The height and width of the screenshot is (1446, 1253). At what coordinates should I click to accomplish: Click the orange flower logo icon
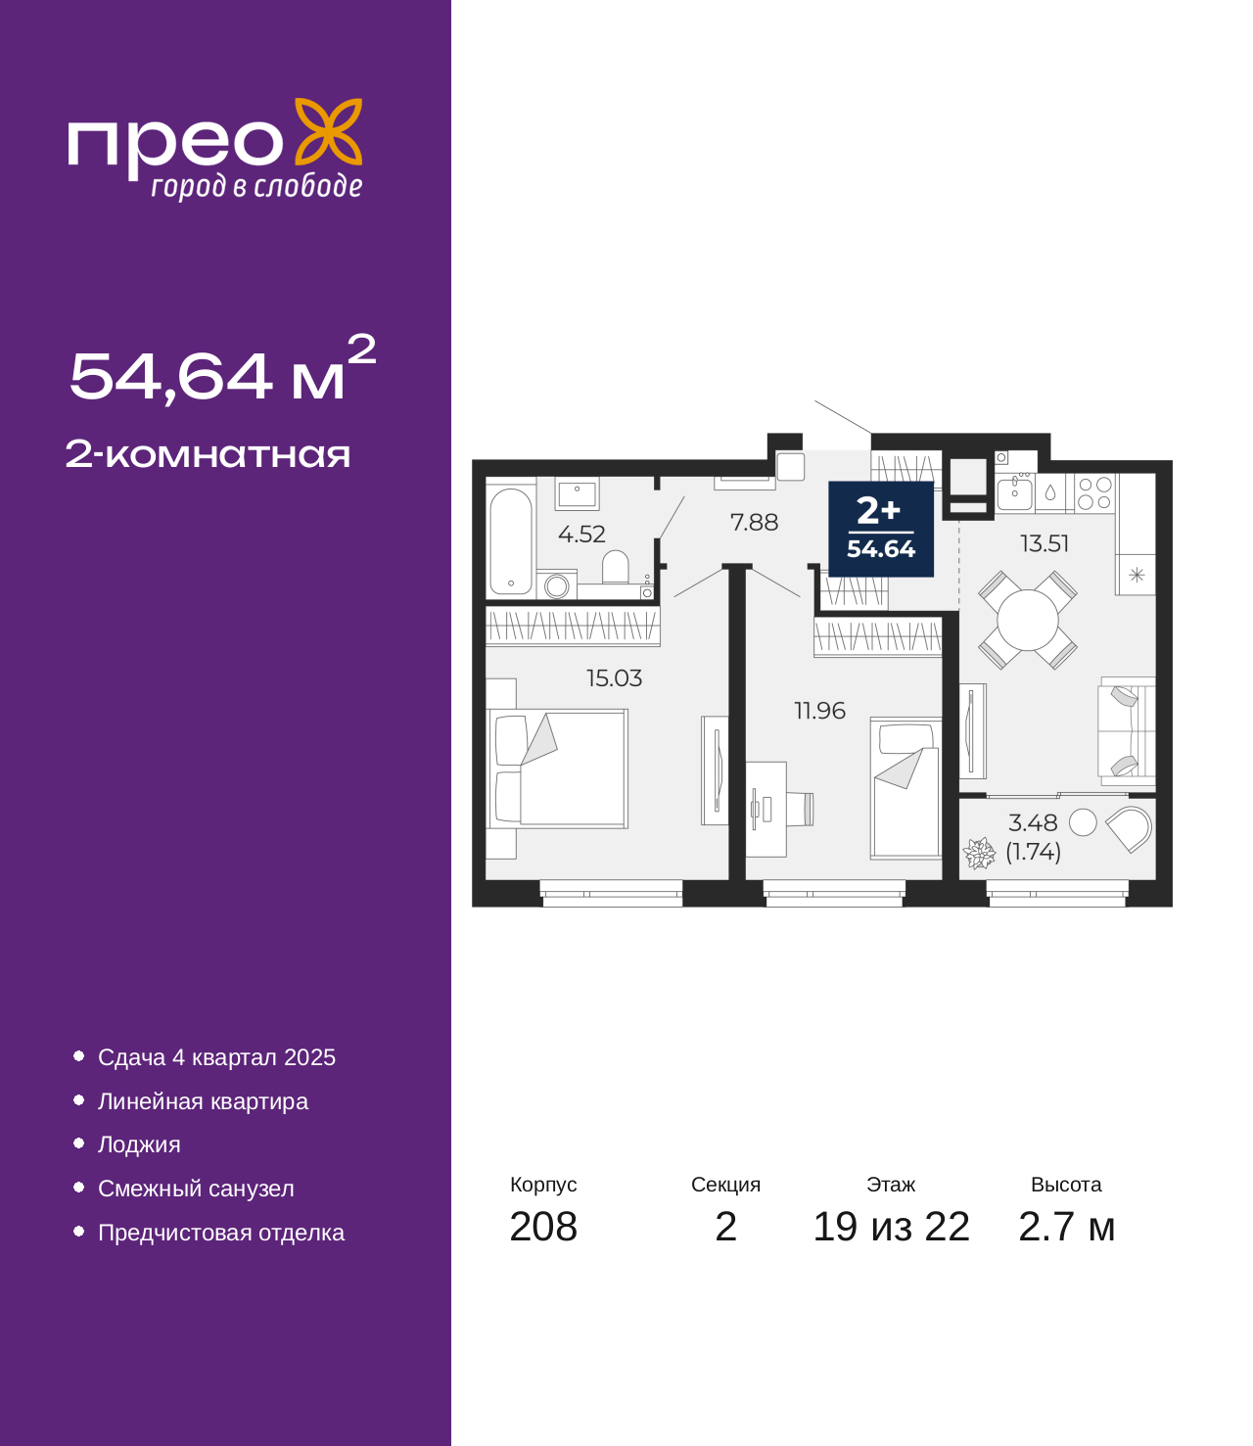pos(328,131)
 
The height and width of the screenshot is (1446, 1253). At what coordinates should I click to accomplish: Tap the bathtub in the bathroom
pos(511,540)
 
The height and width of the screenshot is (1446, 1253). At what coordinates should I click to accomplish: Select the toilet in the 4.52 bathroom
pos(615,567)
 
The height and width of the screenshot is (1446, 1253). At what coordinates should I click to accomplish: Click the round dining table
pos(1027,620)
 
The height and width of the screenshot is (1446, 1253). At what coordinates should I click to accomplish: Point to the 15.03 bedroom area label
pos(614,677)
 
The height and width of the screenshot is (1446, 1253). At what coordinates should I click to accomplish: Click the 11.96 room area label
pos(819,711)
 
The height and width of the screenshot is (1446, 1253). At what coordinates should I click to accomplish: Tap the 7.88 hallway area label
pos(754,522)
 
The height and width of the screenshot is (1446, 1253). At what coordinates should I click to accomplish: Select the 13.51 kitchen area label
pos(1044,543)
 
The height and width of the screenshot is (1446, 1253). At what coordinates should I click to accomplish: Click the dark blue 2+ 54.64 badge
pos(881,529)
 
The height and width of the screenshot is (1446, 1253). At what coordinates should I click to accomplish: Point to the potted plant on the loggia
pos(979,853)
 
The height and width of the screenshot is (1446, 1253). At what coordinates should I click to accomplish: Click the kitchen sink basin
pos(1014,492)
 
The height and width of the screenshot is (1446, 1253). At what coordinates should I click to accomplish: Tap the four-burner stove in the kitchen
pos(1094,492)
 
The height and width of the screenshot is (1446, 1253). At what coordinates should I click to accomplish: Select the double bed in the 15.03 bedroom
pos(558,769)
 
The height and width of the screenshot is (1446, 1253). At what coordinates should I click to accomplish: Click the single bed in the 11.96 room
pos(905,788)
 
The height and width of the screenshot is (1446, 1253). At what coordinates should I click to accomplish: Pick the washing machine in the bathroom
pos(557,585)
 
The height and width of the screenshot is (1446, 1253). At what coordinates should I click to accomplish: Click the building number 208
pos(543,1227)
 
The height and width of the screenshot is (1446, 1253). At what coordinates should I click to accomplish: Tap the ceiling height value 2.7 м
pos(1066,1227)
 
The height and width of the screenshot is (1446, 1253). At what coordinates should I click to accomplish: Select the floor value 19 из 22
pos(892,1227)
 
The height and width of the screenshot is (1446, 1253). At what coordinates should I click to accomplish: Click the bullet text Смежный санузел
pos(196,1189)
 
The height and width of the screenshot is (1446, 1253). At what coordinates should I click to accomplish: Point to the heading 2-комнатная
pos(208,454)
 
